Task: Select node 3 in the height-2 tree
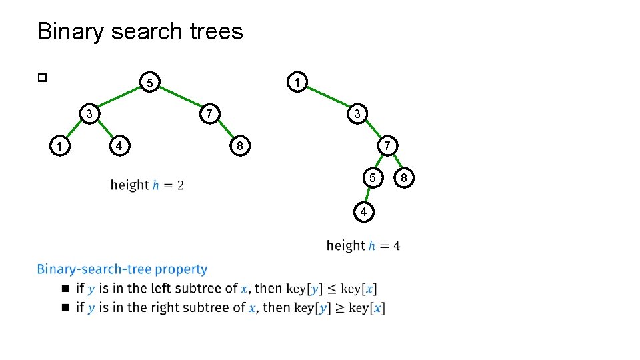click(88, 114)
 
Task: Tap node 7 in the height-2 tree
click(209, 114)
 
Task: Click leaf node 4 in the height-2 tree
click(118, 145)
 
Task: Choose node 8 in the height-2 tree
click(239, 145)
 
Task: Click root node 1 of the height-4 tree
click(297, 83)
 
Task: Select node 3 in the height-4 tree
click(357, 114)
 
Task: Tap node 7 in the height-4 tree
click(387, 145)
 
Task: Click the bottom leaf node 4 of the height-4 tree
click(363, 212)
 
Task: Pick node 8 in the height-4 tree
click(403, 177)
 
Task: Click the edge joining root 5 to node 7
click(179, 98)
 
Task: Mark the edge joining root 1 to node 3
click(327, 98)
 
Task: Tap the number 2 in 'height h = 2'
click(181, 185)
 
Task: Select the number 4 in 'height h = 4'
click(397, 246)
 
